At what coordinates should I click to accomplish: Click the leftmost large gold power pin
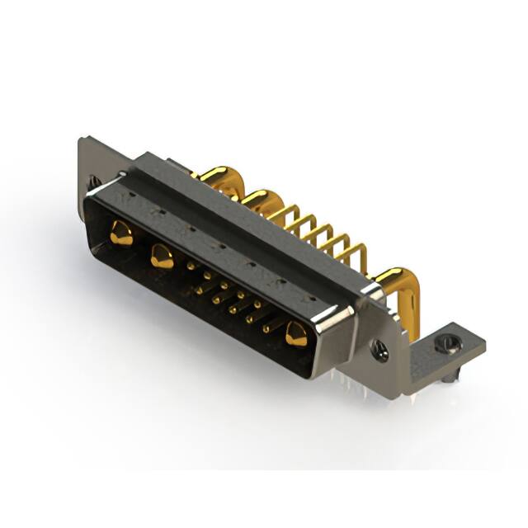(120, 234)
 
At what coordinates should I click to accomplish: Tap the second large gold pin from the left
(162, 258)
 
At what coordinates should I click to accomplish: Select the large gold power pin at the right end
(296, 335)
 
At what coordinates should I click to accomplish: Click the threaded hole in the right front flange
(379, 350)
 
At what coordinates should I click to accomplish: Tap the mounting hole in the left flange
(93, 180)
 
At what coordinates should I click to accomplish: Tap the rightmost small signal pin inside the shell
(266, 328)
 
